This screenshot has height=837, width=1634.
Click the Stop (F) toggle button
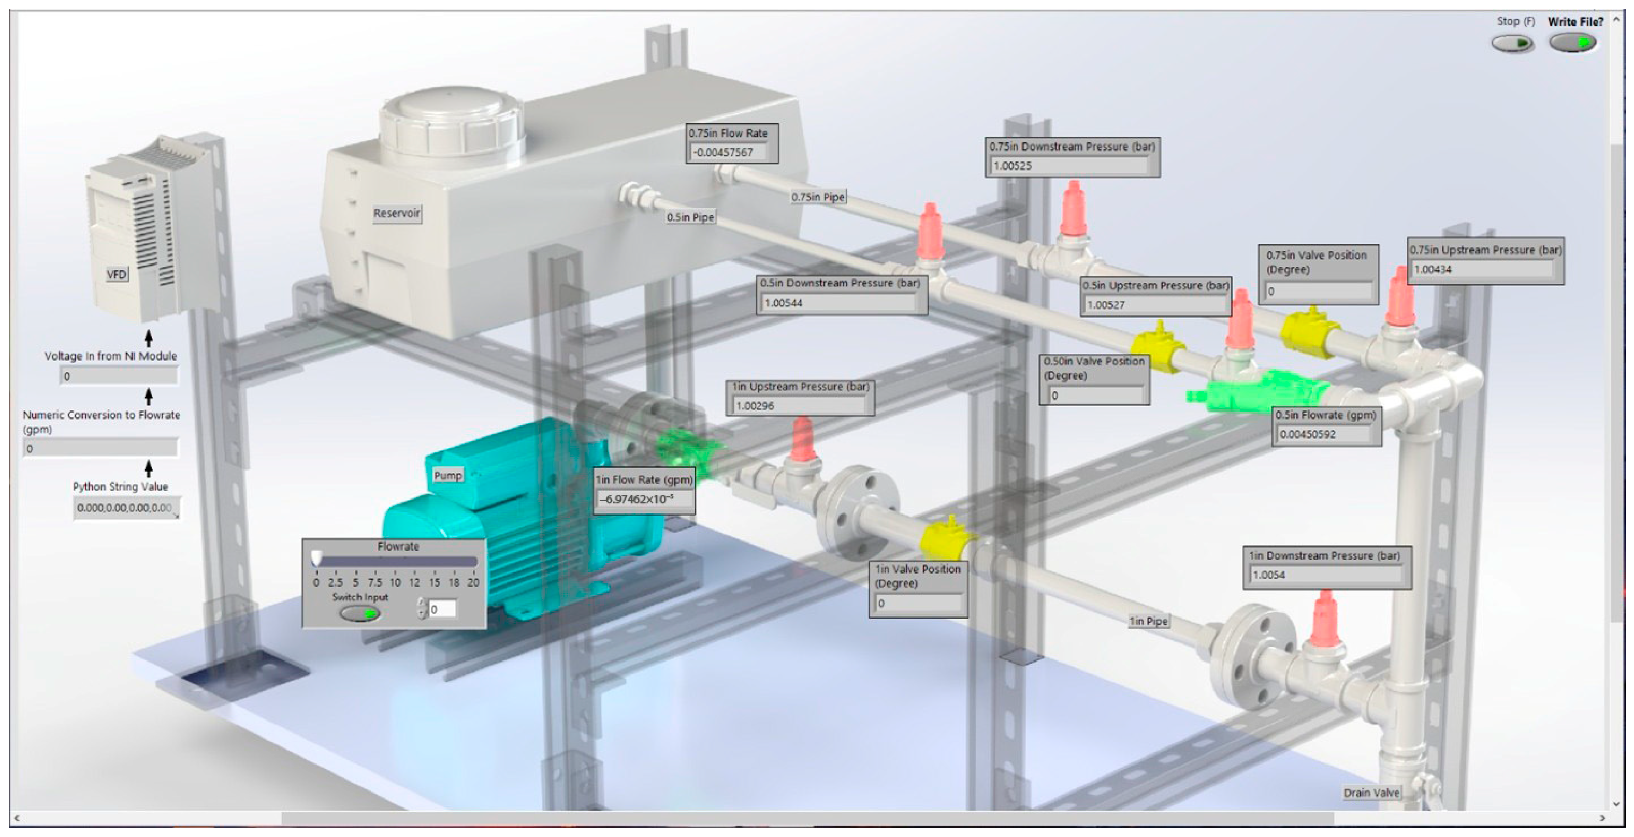(x=1512, y=43)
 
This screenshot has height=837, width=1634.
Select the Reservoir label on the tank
(x=396, y=213)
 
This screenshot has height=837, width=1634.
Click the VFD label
(x=116, y=274)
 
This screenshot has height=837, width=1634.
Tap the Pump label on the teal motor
(x=448, y=475)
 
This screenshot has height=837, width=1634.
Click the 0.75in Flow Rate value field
(x=729, y=152)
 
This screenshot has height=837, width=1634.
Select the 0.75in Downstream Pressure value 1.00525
(x=1069, y=166)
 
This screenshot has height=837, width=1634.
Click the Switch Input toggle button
(x=359, y=613)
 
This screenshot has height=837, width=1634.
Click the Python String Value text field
(x=125, y=508)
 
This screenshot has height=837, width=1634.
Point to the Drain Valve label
(x=1371, y=792)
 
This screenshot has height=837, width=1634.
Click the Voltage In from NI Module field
(x=119, y=376)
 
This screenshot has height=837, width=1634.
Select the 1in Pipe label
(x=1148, y=621)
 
